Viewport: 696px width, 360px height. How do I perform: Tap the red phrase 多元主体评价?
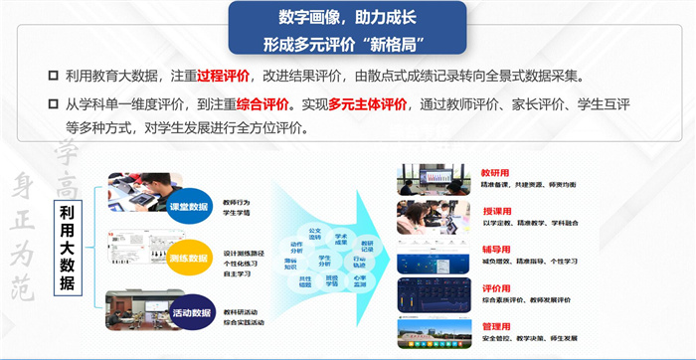(x=369, y=103)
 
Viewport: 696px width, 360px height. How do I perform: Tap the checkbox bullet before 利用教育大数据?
(x=53, y=77)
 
